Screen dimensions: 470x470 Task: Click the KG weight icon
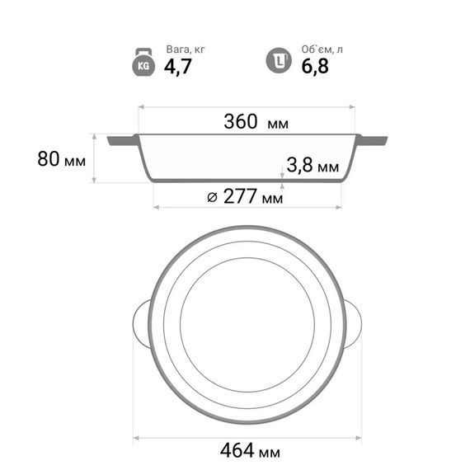click(x=143, y=62)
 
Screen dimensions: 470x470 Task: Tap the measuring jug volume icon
click(x=279, y=60)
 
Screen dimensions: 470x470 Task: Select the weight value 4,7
click(x=178, y=67)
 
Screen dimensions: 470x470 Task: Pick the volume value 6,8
click(x=315, y=67)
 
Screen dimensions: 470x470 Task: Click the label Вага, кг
click(x=186, y=49)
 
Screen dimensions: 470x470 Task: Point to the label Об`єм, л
click(x=322, y=49)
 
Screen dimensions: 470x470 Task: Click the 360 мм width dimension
click(x=256, y=122)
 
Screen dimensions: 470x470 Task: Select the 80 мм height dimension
click(x=62, y=159)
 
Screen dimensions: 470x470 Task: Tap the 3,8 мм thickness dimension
click(x=313, y=165)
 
